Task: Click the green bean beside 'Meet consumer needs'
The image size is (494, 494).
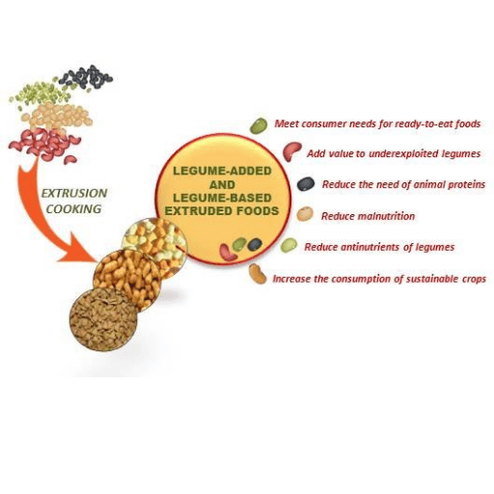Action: coord(259,125)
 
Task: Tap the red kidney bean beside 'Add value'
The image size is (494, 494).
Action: coord(291,151)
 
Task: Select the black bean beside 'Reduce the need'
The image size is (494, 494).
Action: coord(306,184)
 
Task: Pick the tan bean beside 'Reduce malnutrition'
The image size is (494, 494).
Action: coord(305,214)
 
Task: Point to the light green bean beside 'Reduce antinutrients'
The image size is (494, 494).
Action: coord(288,245)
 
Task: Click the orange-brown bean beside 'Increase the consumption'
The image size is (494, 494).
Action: coord(258,274)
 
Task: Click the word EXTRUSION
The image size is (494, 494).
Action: coord(74,193)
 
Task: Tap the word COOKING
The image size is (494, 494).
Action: coord(73,209)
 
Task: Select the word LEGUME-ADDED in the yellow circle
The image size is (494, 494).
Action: coord(222,171)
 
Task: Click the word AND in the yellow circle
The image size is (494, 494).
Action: coord(222,184)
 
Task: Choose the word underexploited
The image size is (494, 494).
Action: coord(403,154)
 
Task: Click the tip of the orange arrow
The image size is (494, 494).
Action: coord(97,261)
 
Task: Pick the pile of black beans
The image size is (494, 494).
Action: coord(86,76)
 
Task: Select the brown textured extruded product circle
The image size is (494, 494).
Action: coord(103,319)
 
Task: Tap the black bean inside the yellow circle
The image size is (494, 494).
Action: coord(255,244)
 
